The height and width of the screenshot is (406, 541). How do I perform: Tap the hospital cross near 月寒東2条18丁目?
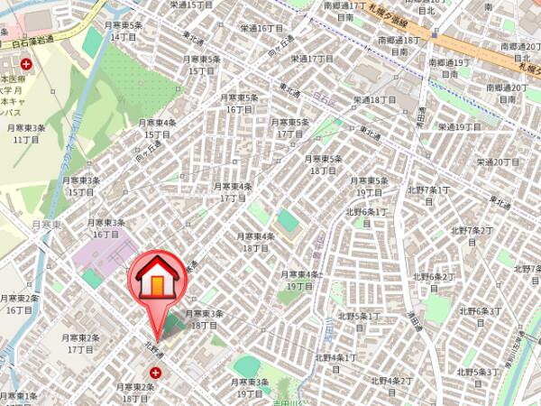click(156, 372)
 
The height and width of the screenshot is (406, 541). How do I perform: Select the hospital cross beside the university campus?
click(27, 64)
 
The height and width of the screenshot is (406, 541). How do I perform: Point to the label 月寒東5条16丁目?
click(239, 103)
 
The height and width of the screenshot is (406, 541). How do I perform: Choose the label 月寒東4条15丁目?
click(158, 128)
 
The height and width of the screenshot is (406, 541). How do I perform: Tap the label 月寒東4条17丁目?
click(233, 191)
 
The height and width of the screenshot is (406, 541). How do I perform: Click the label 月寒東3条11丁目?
click(25, 134)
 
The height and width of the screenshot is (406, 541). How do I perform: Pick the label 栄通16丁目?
click(261, 28)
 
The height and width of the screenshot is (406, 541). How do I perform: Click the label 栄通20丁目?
click(499, 161)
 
